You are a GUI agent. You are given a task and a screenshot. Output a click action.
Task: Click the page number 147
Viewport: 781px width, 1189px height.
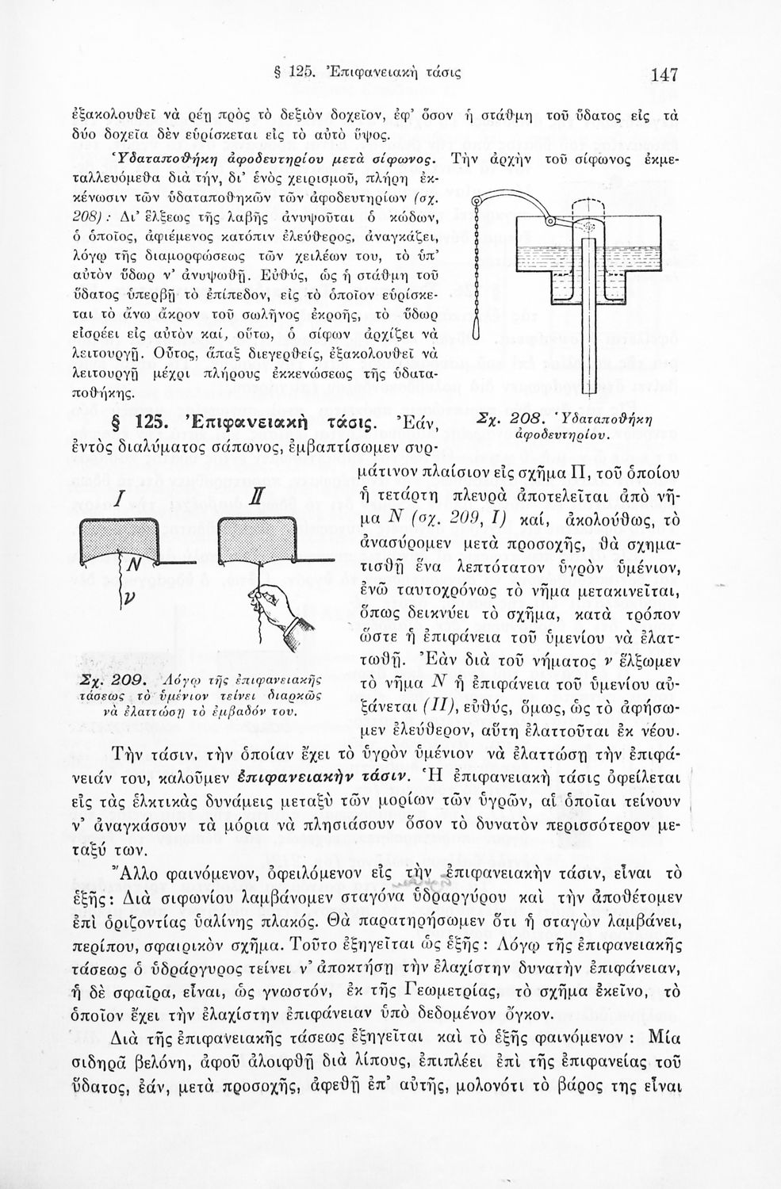point(663,75)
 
